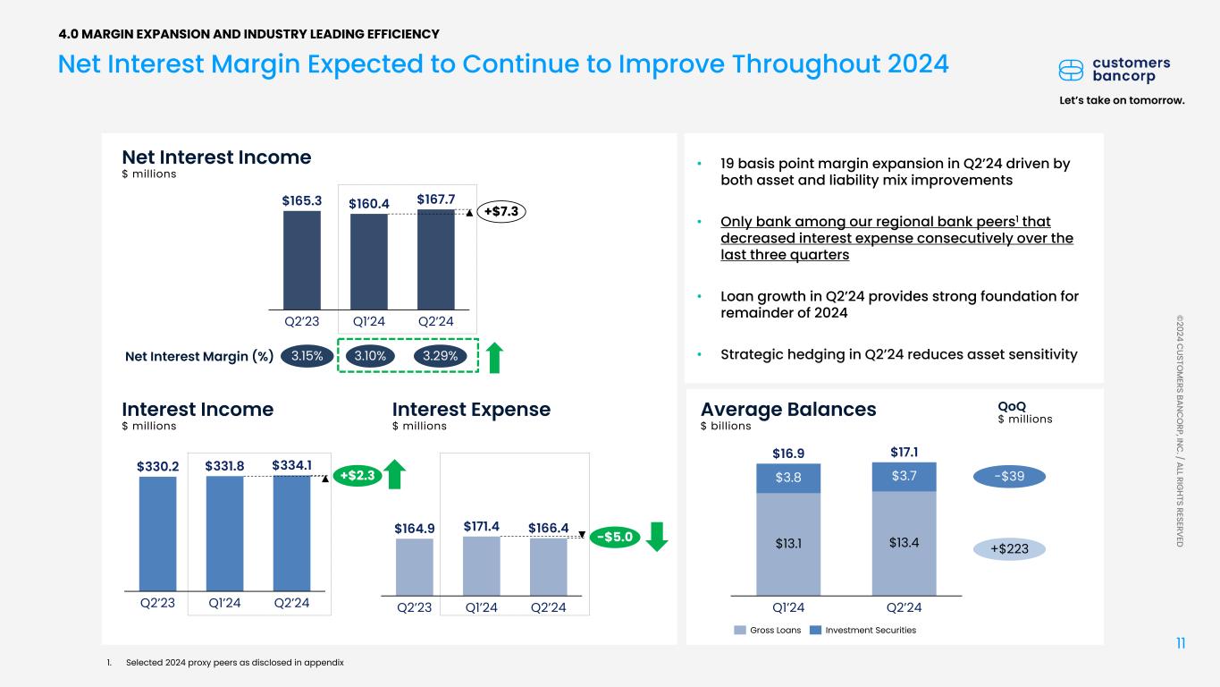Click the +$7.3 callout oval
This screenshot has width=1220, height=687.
coord(501,211)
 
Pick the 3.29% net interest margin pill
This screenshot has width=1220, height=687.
coord(441,356)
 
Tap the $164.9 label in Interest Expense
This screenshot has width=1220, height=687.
coord(414,528)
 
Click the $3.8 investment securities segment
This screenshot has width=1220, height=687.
coord(788,478)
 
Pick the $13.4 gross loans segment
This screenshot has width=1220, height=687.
coord(904,541)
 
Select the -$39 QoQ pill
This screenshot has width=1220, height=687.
coord(1009,477)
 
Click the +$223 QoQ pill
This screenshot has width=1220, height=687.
coord(1009,549)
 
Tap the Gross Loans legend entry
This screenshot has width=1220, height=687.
coord(768,630)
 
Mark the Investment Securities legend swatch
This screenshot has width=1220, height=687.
coord(815,630)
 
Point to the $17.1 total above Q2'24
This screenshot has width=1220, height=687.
coord(904,452)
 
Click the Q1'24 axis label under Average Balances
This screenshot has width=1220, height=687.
coord(787,607)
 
